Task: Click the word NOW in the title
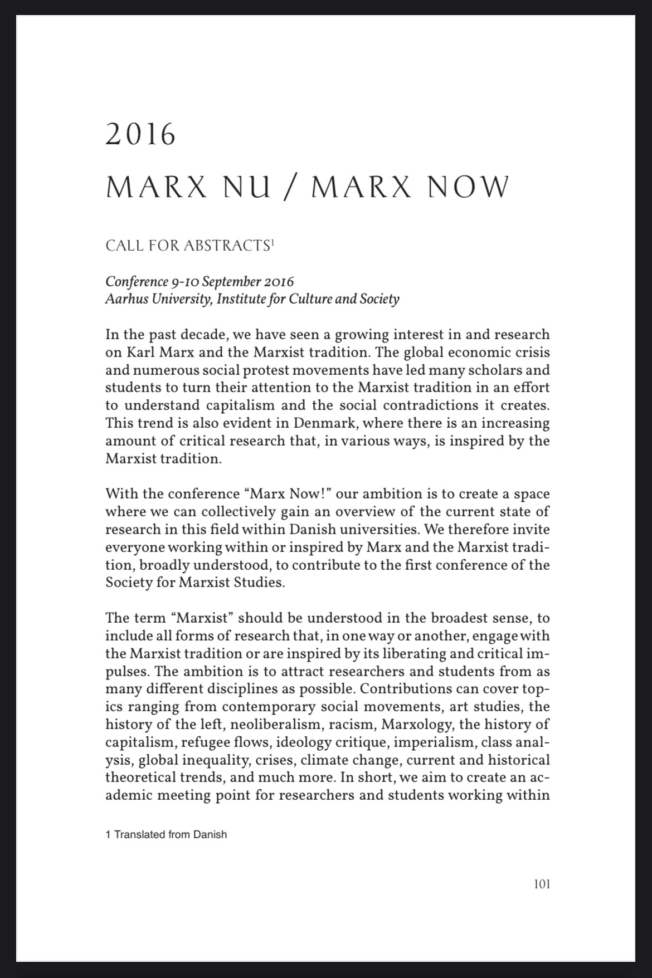coord(468,188)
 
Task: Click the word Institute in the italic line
coord(241,299)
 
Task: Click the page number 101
coord(541,884)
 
